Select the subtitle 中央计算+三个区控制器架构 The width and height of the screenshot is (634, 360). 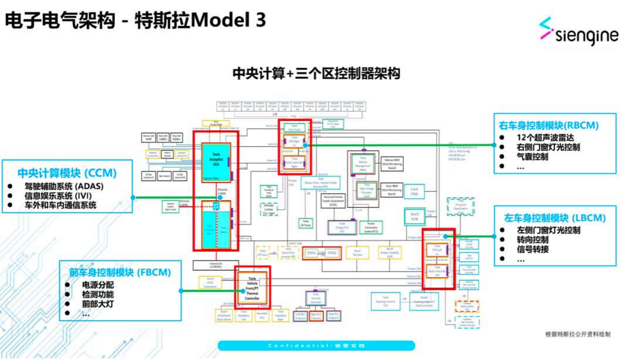pyautogui.click(x=316, y=73)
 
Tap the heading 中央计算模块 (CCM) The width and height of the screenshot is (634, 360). pyautogui.click(x=67, y=173)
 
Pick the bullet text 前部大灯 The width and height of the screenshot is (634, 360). pyautogui.click(x=98, y=304)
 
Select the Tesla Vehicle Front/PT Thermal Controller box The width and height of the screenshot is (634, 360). pyautogui.click(x=252, y=288)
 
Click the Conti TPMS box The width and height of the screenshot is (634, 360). pyautogui.click(x=414, y=191)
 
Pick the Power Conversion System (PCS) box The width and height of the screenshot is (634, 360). pyautogui.click(x=370, y=227)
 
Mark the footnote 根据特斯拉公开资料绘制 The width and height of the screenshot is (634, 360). pyautogui.click(x=578, y=334)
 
